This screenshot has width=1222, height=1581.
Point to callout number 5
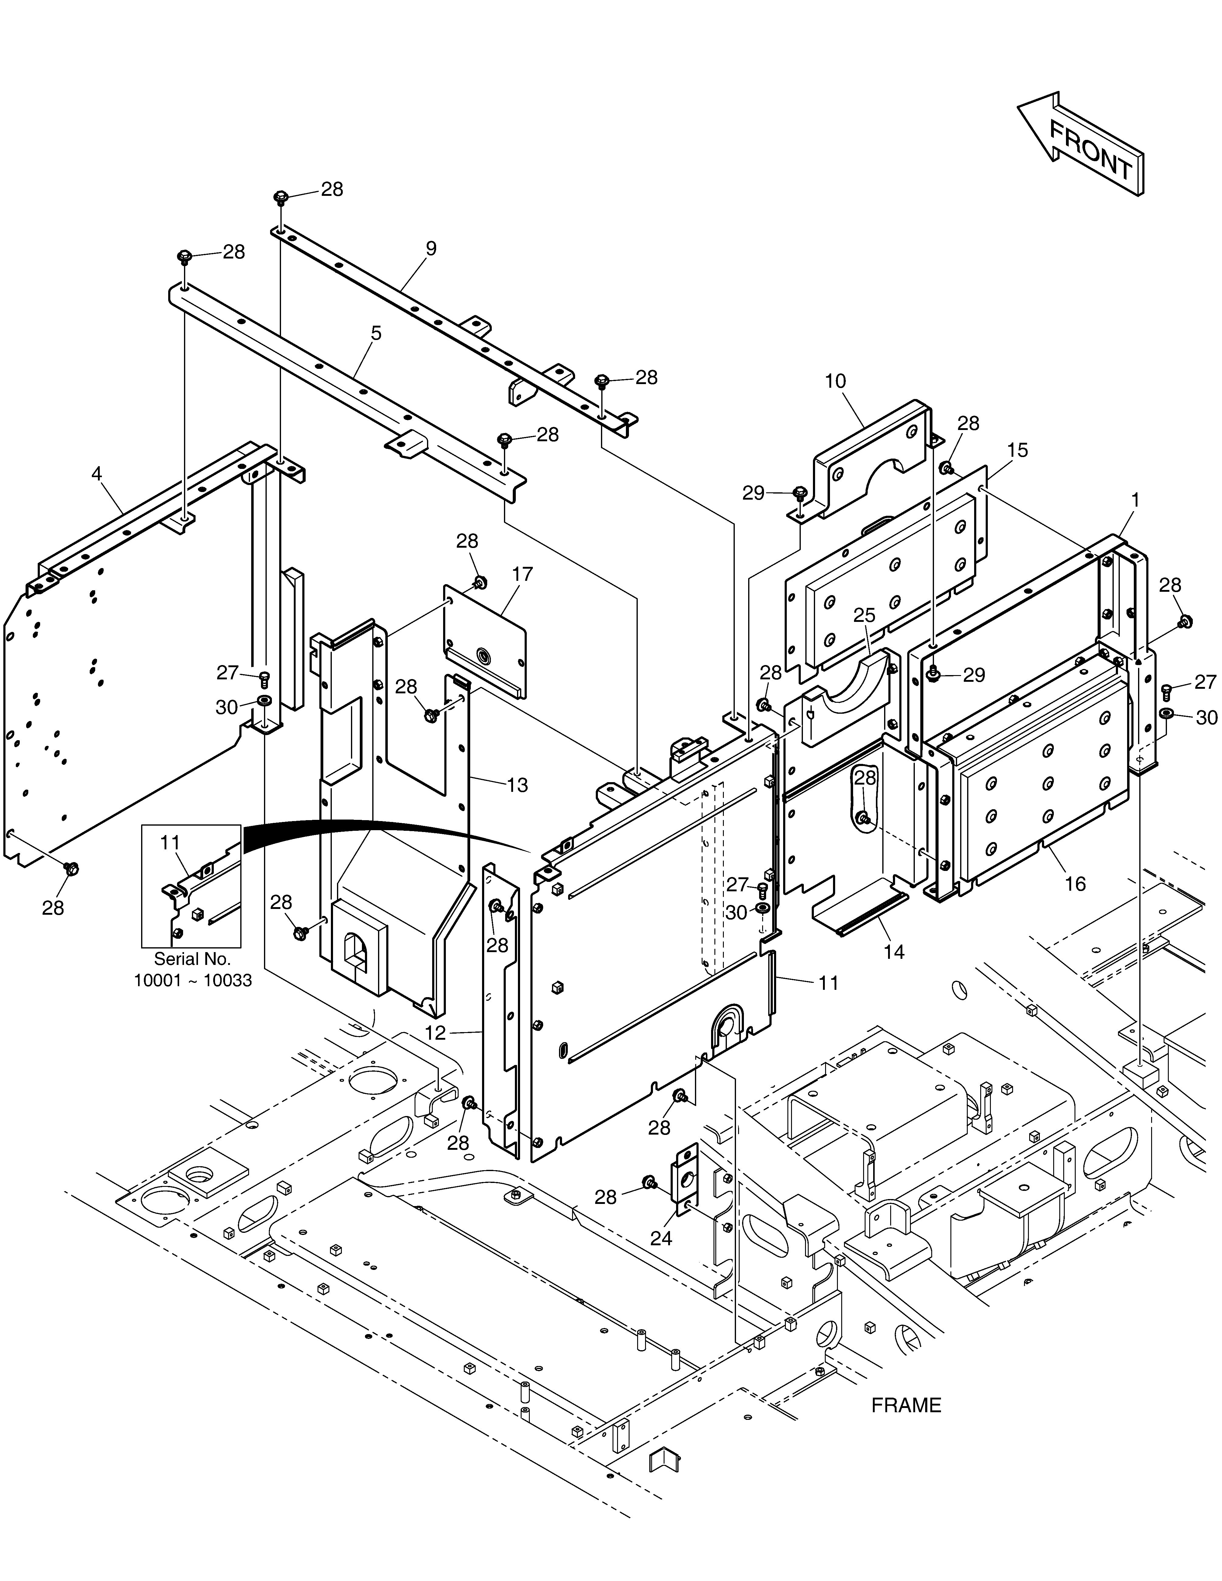coord(376,334)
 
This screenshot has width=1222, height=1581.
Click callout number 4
coord(96,474)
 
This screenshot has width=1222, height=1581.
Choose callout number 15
coord(1017,450)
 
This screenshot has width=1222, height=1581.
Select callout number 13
coord(518,785)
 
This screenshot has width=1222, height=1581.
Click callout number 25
coord(864,615)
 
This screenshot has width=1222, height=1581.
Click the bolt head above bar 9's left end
coord(281,197)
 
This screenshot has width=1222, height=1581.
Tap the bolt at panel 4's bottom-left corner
coord(71,869)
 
